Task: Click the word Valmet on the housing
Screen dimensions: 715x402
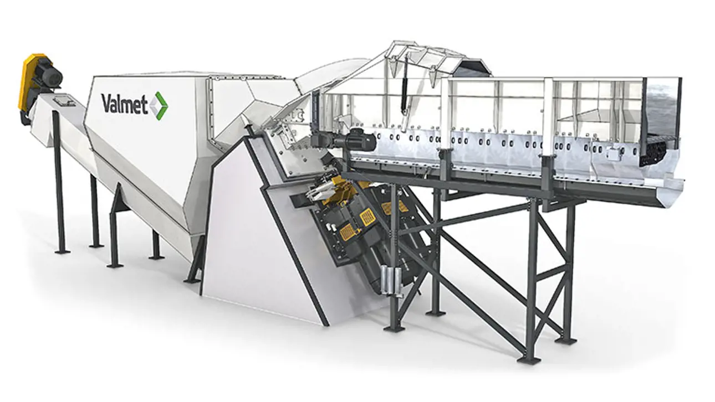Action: (124, 104)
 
